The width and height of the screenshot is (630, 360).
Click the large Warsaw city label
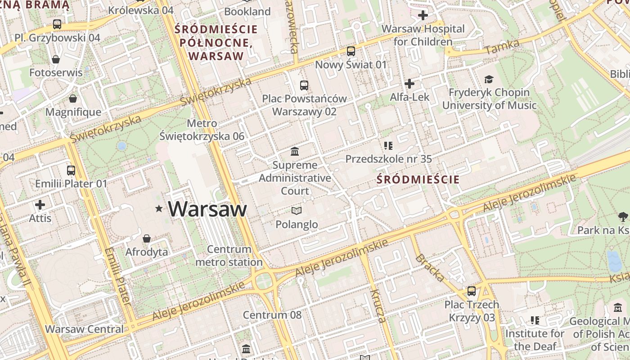point(207,209)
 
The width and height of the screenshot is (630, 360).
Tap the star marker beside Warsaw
point(158,208)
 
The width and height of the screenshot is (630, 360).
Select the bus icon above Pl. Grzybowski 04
point(57,24)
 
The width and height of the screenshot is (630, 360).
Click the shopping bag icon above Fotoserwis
point(56,59)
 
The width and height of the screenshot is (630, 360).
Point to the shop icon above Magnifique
point(73,99)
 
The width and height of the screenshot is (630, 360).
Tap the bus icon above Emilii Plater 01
point(71,171)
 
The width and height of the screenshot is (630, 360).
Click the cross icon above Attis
point(40,205)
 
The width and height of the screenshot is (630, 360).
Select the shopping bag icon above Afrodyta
point(146,238)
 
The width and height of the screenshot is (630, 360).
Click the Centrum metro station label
point(229,256)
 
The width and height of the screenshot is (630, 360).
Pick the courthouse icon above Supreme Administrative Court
point(295,151)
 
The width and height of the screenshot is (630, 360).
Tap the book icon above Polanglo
point(296,211)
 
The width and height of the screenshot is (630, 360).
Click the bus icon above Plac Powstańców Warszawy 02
point(304,85)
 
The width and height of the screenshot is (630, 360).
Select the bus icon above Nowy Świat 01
point(351,51)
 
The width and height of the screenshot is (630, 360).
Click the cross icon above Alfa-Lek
point(409,84)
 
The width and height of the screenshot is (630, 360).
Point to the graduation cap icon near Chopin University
point(489,80)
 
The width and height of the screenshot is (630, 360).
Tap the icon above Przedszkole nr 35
point(388,145)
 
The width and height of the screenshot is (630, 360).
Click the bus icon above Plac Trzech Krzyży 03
point(472,291)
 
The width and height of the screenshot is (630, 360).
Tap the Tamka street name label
point(503,47)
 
